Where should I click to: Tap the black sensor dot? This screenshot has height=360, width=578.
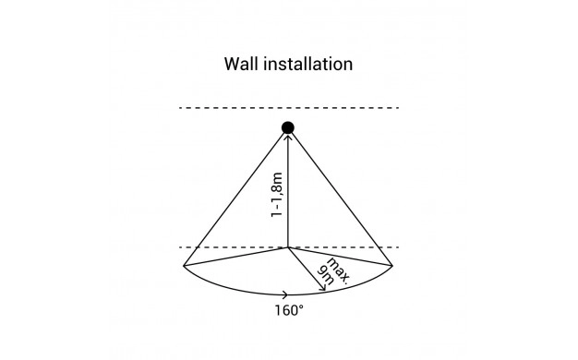click(288, 128)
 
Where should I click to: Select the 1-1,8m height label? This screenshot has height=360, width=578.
click(276, 195)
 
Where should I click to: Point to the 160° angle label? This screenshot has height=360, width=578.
click(289, 310)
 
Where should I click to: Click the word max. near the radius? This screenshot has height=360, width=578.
click(338, 270)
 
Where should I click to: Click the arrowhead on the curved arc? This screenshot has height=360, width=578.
click(286, 294)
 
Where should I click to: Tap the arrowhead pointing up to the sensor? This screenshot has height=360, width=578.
click(288, 138)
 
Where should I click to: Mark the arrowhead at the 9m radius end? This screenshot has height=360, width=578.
click(322, 287)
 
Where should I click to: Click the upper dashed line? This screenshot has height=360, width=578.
click(289, 108)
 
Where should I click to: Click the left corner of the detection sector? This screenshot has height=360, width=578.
click(184, 265)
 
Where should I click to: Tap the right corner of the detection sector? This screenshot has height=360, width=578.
click(392, 265)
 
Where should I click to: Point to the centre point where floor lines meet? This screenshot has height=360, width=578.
click(288, 247)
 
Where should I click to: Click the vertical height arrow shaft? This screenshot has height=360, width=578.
click(288, 191)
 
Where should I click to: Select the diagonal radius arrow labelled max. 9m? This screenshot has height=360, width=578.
click(307, 269)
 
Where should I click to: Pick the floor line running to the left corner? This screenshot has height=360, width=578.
click(236, 257)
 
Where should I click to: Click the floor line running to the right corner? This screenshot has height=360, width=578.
click(340, 257)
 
